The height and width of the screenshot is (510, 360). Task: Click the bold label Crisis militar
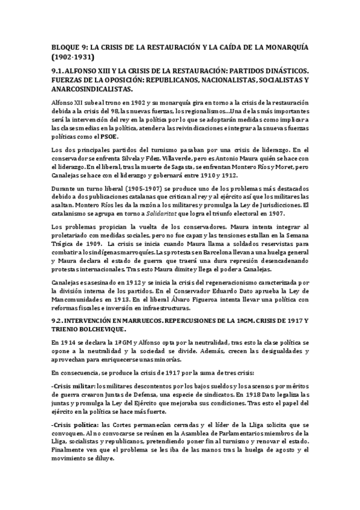72,386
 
